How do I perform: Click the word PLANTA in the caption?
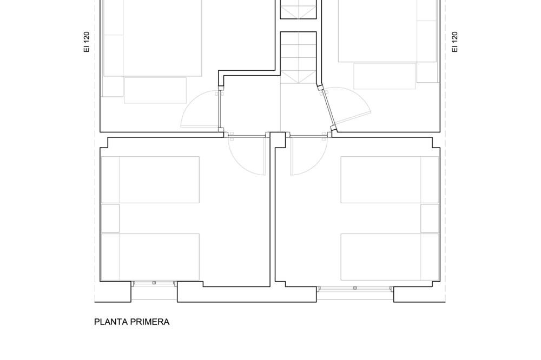(109, 322)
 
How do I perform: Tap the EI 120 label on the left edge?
(87, 42)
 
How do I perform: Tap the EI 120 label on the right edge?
(455, 42)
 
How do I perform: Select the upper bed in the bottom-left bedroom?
(150, 179)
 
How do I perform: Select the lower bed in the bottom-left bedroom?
(150, 257)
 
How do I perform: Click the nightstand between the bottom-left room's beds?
(110, 218)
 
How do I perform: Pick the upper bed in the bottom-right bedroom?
(390, 179)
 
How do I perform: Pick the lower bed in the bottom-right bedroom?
(390, 257)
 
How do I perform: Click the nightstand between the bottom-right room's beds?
(430, 218)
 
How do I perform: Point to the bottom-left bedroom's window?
(154, 283)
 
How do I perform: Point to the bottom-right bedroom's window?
(355, 288)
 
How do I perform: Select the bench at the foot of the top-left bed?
(155, 90)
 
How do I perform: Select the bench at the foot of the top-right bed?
(385, 76)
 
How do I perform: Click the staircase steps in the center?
(299, 57)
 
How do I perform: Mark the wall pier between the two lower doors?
(278, 139)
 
